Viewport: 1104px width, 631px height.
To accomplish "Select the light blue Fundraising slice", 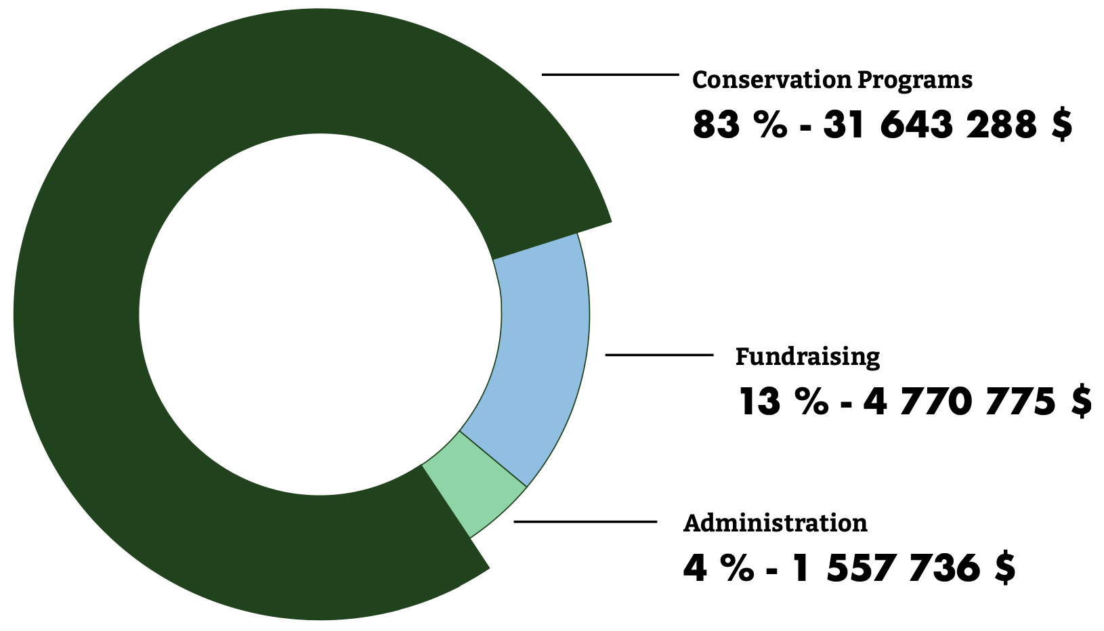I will [x=542, y=352].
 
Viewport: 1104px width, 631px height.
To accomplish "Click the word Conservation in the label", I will [x=771, y=80].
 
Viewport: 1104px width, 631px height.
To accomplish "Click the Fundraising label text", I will [x=807, y=357].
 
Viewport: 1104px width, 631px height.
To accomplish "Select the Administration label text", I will [x=775, y=523].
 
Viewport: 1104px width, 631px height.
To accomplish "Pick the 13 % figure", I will [x=783, y=402].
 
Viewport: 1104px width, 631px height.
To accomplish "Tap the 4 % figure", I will [x=718, y=568].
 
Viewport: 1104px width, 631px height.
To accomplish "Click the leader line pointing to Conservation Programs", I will [x=610, y=74].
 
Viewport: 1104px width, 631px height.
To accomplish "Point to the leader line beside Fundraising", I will [x=659, y=355].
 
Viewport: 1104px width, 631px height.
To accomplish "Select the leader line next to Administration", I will [x=585, y=521].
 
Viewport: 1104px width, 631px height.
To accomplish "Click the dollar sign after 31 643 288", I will [x=1062, y=126].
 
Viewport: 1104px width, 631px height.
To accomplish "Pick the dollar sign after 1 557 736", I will [x=1005, y=568].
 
